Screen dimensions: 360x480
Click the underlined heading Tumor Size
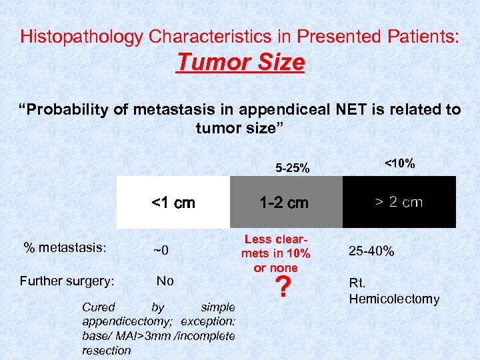pyautogui.click(x=240, y=63)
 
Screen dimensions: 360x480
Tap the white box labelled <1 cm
pyautogui.click(x=173, y=202)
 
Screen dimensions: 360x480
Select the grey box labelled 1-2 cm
pyautogui.click(x=285, y=202)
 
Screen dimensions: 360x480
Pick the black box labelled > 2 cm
pyautogui.click(x=399, y=202)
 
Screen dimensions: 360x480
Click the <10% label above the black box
pyautogui.click(x=399, y=162)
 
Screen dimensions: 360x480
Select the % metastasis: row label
pyautogui.click(x=65, y=247)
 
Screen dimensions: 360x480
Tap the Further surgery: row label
pyautogui.click(x=67, y=281)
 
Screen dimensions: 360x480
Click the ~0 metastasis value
pyautogui.click(x=161, y=251)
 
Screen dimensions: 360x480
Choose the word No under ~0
pyautogui.click(x=165, y=281)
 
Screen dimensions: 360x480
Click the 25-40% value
pyautogui.click(x=371, y=251)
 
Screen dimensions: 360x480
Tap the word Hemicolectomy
pyautogui.click(x=394, y=299)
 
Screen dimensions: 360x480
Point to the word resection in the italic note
pyautogui.click(x=107, y=351)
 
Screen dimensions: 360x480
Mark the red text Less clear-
pyautogui.click(x=276, y=239)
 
